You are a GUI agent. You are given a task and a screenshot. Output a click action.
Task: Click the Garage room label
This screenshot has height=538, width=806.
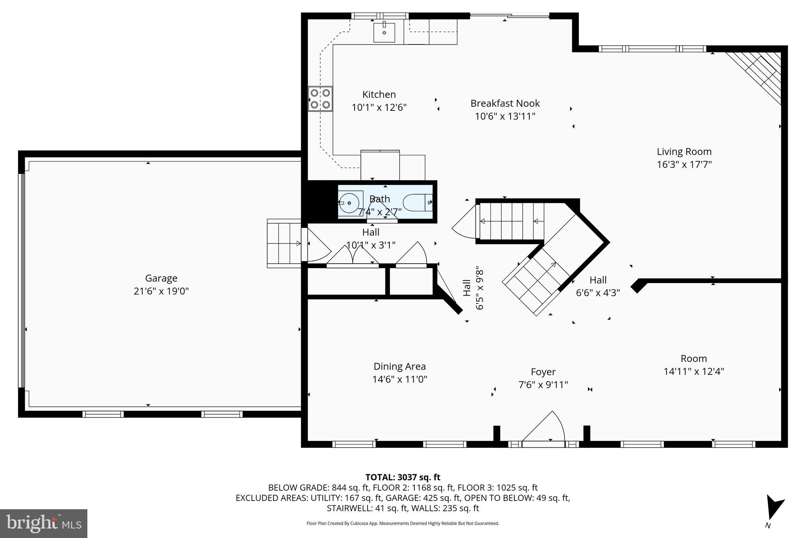(x=161, y=278)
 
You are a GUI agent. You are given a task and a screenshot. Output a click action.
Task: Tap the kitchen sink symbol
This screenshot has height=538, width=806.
(x=384, y=32)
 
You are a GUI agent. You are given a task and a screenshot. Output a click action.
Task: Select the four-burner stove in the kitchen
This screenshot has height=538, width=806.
(x=320, y=99)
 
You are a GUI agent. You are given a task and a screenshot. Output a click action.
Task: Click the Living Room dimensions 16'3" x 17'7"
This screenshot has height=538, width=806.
(x=684, y=164)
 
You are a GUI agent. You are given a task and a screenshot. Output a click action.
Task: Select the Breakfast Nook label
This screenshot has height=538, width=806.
(x=505, y=103)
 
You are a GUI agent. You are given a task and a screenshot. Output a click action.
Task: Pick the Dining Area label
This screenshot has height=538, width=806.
(x=399, y=367)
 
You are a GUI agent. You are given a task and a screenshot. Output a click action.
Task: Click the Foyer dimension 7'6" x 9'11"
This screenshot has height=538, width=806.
(x=543, y=385)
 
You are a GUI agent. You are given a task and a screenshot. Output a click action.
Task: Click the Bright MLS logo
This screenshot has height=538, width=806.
(x=44, y=523)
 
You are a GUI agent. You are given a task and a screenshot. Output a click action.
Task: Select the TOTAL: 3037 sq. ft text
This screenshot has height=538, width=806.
(x=403, y=477)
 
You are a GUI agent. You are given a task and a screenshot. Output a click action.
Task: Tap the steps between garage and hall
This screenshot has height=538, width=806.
(x=284, y=244)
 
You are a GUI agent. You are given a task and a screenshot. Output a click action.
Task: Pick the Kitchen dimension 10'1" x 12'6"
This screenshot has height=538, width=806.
(x=379, y=107)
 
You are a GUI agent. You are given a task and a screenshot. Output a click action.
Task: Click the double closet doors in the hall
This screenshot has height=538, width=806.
(x=353, y=255)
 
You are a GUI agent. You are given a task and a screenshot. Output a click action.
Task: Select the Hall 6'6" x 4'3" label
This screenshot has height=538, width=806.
(x=598, y=286)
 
